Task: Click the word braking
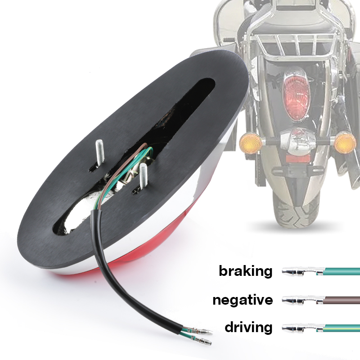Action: (245, 271)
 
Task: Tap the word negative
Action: (243, 300)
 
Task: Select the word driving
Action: (248, 327)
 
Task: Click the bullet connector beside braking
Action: (302, 271)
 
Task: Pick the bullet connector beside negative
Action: (302, 300)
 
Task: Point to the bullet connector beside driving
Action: (302, 328)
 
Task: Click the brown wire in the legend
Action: (342, 300)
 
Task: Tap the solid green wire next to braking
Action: (342, 272)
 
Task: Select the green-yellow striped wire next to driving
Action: (342, 328)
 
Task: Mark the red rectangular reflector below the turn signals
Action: (298, 158)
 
